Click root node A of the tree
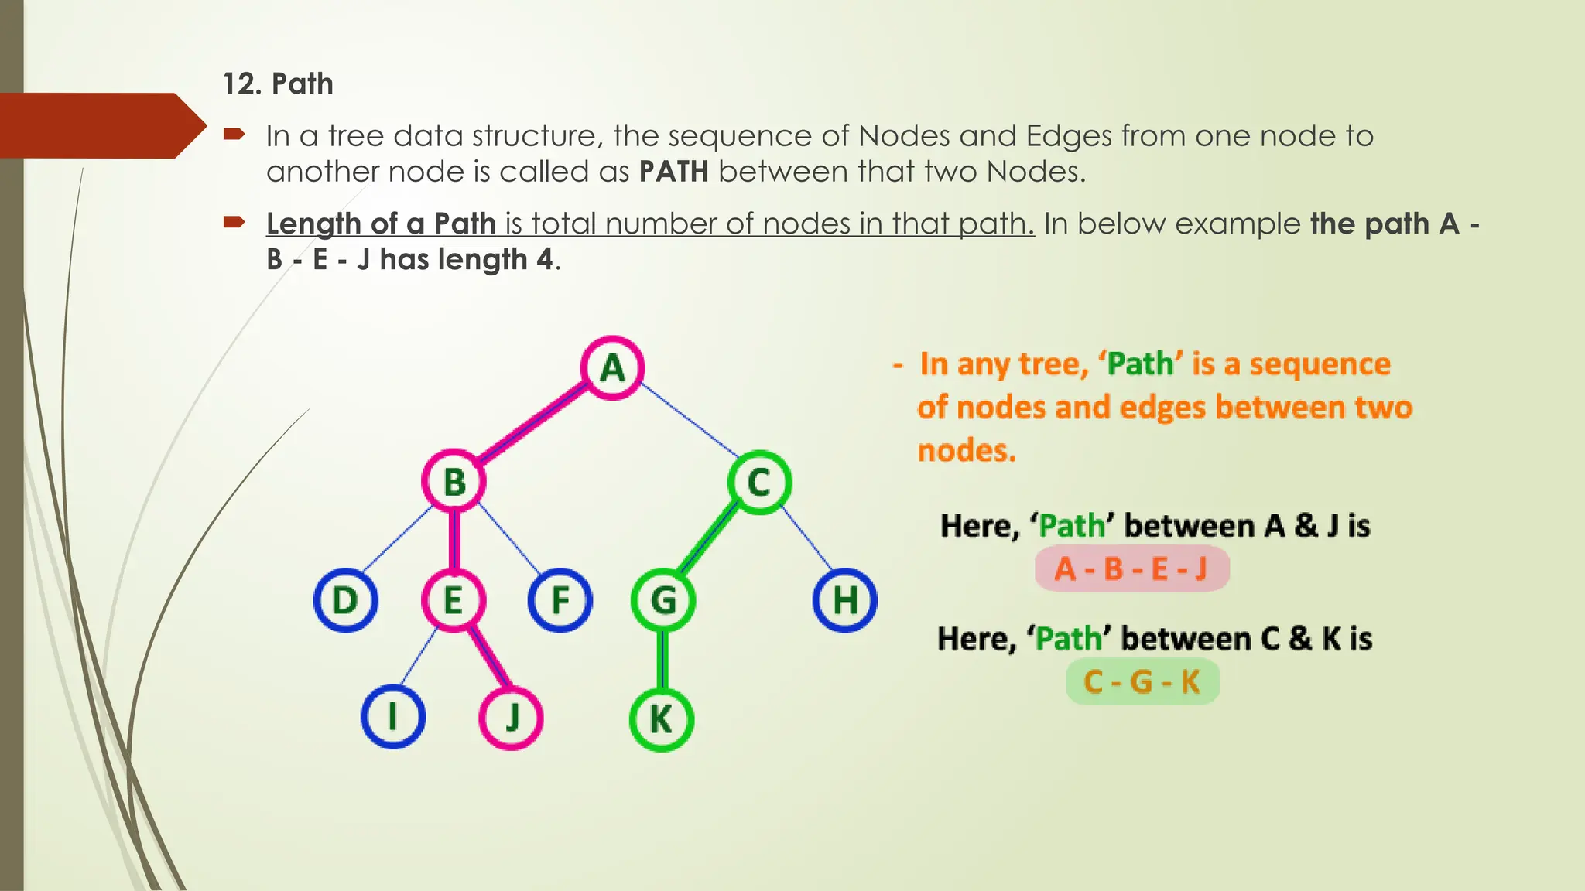pos(612,368)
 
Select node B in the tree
pos(454,481)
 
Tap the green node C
pos(759,482)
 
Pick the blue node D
pos(345,600)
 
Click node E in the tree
pos(454,600)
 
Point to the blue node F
pos(560,600)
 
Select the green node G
pos(662,600)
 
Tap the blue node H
pos(844,600)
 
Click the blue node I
pos(393,717)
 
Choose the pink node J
pos(511,718)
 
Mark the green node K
pos(661,719)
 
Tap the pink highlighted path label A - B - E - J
pos(1131,569)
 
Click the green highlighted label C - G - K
pos(1142,682)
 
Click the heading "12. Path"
pos(278,84)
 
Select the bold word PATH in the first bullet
pos(673,171)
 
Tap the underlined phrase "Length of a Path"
pos(381,224)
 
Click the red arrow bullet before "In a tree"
pos(234,135)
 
